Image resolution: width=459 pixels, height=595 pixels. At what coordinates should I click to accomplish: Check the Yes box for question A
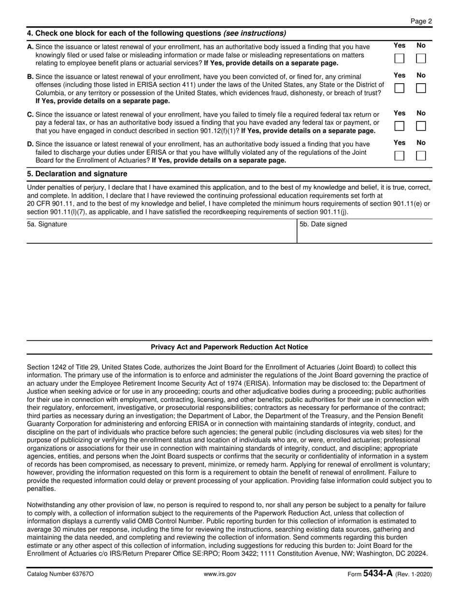400,59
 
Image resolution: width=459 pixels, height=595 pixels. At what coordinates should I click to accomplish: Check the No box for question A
421,59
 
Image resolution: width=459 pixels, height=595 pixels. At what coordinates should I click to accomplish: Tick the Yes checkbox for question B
400,89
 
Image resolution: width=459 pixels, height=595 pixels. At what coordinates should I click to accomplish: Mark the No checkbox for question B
421,89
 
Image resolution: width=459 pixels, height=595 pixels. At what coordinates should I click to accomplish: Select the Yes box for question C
400,126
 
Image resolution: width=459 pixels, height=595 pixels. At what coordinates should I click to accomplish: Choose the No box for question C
421,126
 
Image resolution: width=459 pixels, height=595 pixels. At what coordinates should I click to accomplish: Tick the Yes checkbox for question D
400,156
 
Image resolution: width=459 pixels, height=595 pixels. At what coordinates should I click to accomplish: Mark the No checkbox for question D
421,156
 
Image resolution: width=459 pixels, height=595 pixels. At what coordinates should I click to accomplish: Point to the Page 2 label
421,21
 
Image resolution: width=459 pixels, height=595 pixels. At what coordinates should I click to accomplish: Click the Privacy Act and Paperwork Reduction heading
229,347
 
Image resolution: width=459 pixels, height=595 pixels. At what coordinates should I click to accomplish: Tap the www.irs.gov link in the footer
220,574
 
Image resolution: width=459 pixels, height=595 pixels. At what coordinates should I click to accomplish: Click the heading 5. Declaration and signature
77,174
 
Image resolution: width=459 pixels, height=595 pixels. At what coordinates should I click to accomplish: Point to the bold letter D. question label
30,144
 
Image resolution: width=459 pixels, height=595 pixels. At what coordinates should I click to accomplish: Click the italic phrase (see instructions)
255,33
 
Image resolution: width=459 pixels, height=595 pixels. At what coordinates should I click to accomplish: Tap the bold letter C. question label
30,115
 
